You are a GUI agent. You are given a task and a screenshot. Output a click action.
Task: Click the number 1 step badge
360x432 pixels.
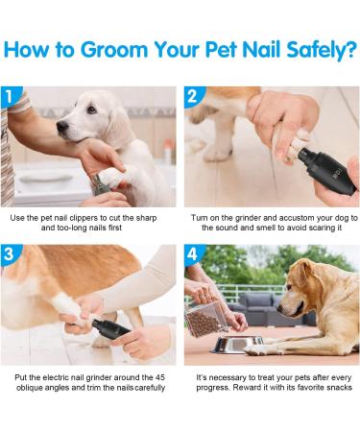tap(12, 96)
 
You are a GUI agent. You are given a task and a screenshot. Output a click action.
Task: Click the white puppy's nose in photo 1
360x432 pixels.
tap(62, 127)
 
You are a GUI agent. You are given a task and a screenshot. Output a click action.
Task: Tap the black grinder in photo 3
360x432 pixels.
tap(110, 329)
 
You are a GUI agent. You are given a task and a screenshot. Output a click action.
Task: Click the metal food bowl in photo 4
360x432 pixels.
tap(231, 344)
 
